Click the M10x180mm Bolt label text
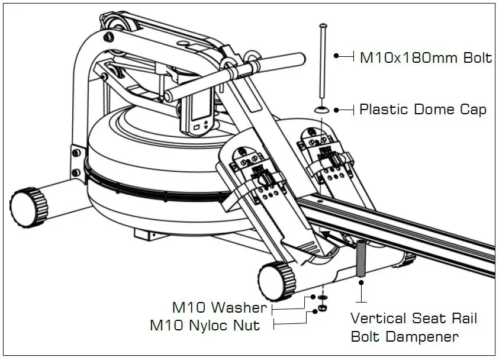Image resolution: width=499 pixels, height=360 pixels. click(x=426, y=58)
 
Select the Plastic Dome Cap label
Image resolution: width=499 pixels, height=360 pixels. click(x=423, y=110)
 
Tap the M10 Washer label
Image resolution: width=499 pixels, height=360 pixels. click(x=219, y=308)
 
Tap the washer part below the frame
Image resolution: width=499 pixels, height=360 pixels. click(x=323, y=298)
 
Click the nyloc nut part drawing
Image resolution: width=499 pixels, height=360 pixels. click(x=323, y=308)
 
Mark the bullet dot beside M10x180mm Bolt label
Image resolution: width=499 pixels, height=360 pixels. click(x=336, y=56)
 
